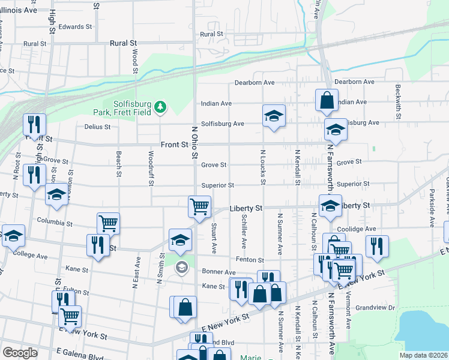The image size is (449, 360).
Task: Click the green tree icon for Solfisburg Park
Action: pyautogui.click(x=160, y=107)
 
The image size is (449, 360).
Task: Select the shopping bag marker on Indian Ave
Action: pyautogui.click(x=327, y=101)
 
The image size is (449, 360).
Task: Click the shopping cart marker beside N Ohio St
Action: pyautogui.click(x=199, y=206)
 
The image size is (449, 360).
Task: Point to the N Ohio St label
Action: pyautogui.click(x=194, y=142)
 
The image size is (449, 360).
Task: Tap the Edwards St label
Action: pyautogui.click(x=75, y=27)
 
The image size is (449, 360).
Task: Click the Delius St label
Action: pyautogui.click(x=98, y=127)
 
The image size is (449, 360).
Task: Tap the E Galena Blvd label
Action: pyautogui.click(x=79, y=356)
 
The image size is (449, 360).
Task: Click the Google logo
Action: pyautogui.click(x=20, y=353)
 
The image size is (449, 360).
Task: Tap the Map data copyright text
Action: pyautogui.click(x=423, y=355)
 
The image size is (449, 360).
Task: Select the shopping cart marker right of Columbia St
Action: pyautogui.click(x=108, y=223)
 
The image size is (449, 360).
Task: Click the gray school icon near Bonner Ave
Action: pyautogui.click(x=182, y=268)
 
